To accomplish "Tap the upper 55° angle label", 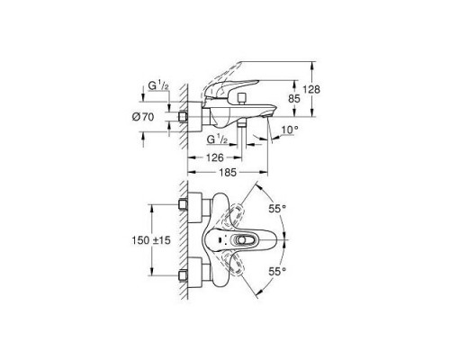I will point(279,208).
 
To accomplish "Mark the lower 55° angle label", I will point(279,270).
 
